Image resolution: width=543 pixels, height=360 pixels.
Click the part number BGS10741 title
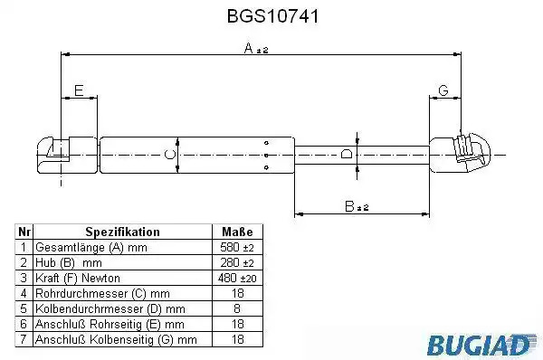(x=272, y=16)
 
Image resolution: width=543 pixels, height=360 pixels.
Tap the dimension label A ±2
(x=256, y=49)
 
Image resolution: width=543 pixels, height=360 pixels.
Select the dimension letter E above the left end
(x=79, y=90)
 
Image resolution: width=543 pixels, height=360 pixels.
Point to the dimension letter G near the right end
(x=443, y=90)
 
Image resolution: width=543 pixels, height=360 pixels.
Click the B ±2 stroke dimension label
(x=357, y=206)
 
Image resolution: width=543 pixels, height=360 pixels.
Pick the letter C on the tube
(x=170, y=155)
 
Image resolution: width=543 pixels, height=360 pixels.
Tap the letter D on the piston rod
(x=347, y=154)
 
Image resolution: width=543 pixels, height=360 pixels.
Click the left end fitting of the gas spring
(x=67, y=155)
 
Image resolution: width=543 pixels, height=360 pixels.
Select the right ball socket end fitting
(x=460, y=153)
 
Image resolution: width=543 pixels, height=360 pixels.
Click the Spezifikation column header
(x=122, y=232)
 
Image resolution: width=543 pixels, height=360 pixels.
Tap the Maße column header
(x=237, y=232)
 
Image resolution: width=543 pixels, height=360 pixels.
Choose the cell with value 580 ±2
(x=237, y=247)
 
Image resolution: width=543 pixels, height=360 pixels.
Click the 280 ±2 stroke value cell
(x=237, y=262)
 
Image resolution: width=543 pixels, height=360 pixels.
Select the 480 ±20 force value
(x=237, y=278)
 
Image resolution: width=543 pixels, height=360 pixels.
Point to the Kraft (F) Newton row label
(x=78, y=278)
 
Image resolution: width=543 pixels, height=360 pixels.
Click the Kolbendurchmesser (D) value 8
(x=237, y=308)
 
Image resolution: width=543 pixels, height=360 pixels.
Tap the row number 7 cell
(x=24, y=339)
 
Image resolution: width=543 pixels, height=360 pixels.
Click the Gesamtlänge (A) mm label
(x=91, y=248)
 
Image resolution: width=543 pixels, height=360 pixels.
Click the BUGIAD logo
(x=481, y=345)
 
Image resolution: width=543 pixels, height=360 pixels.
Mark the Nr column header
(x=24, y=232)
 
